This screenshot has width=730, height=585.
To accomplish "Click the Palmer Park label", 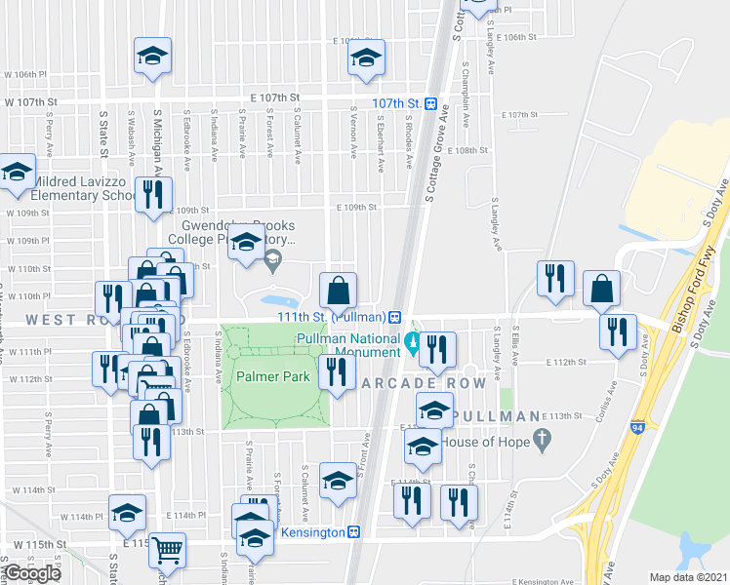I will (270, 376).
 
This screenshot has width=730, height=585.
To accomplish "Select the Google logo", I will (32, 573).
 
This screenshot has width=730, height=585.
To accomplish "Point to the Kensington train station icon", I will (355, 532).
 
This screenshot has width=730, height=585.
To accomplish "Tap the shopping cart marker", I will (167, 551).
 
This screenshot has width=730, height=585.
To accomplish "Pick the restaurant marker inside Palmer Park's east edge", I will (337, 371).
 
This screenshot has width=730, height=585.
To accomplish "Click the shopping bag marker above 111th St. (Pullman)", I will (338, 291).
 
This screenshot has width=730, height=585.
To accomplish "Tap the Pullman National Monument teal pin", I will (412, 342).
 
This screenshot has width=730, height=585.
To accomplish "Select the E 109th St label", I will (355, 208).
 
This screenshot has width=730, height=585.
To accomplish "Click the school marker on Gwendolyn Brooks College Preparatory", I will (246, 244).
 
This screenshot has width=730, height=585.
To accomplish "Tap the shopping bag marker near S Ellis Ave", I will (602, 288).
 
